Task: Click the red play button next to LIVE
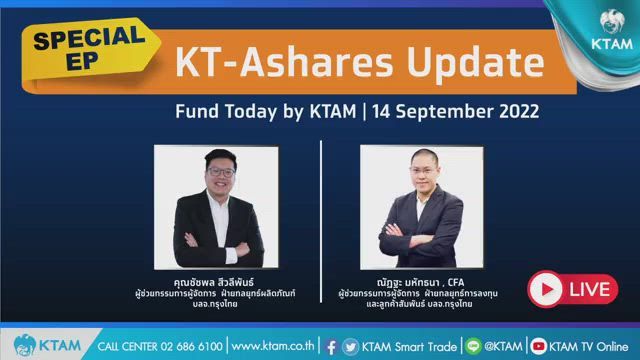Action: tap(545, 290)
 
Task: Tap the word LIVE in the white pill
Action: tap(592, 290)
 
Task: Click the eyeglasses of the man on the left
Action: tap(223, 171)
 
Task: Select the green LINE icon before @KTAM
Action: tap(474, 346)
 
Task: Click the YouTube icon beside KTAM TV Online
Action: tap(539, 346)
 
